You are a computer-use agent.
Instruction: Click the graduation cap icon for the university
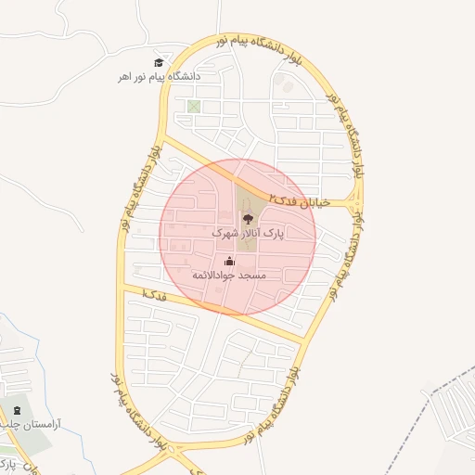(x=159, y=61)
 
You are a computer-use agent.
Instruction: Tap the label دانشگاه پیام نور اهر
(x=159, y=77)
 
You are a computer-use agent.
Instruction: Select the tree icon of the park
(x=248, y=219)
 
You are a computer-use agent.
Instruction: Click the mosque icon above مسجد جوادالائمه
(x=229, y=261)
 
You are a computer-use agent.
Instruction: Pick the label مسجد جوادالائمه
(x=229, y=276)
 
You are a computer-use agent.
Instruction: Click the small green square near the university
(x=193, y=106)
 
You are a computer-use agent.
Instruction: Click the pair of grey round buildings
(x=286, y=86)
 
